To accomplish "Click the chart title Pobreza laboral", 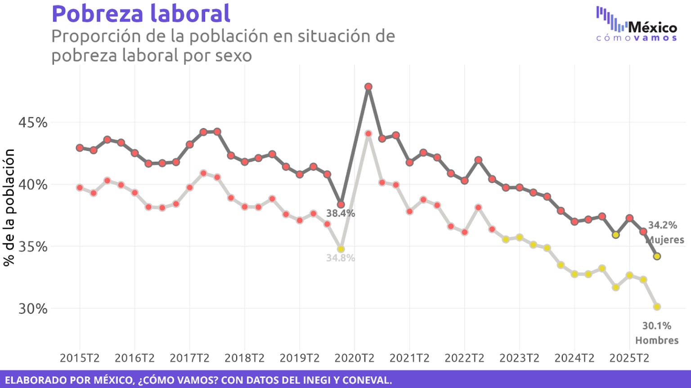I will pos(141,13).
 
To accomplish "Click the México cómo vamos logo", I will pos(637,25).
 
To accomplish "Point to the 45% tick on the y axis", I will pos(33,122).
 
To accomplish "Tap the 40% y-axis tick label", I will pos(33,185).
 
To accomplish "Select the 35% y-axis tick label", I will pos(33,247).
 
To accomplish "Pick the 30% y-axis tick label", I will pos(33,309).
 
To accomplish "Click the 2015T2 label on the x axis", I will pos(80,358).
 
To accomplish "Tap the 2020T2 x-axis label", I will pos(354,358).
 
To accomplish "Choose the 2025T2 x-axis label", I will pos(629,358).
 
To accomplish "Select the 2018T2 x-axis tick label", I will pos(244,358).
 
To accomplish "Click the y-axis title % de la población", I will pos(9,207).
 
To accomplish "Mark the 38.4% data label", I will pos(341,214).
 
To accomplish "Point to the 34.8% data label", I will pos(341,258).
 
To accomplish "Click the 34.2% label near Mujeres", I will pos(662,225).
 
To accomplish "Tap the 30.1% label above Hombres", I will pos(656,326).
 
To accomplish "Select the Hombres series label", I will pos(656,340).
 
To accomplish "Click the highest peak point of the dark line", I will pos(368,87).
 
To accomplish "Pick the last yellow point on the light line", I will pos(657,307).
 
